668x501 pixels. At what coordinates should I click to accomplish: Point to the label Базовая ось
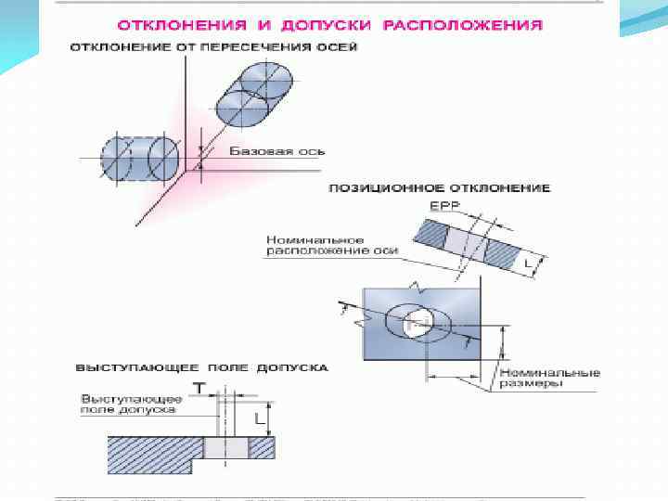tap(262, 151)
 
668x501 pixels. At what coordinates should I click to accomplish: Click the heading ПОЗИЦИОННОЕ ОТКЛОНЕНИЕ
tap(439, 187)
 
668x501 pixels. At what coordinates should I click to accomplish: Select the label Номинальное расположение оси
tap(331, 245)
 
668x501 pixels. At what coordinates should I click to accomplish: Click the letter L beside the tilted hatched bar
tap(528, 263)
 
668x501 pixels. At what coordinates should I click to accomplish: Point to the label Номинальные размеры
tap(550, 378)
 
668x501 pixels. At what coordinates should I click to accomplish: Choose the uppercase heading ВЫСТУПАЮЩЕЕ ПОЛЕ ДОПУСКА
tap(200, 367)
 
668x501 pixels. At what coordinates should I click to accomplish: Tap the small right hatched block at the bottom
tap(263, 448)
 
